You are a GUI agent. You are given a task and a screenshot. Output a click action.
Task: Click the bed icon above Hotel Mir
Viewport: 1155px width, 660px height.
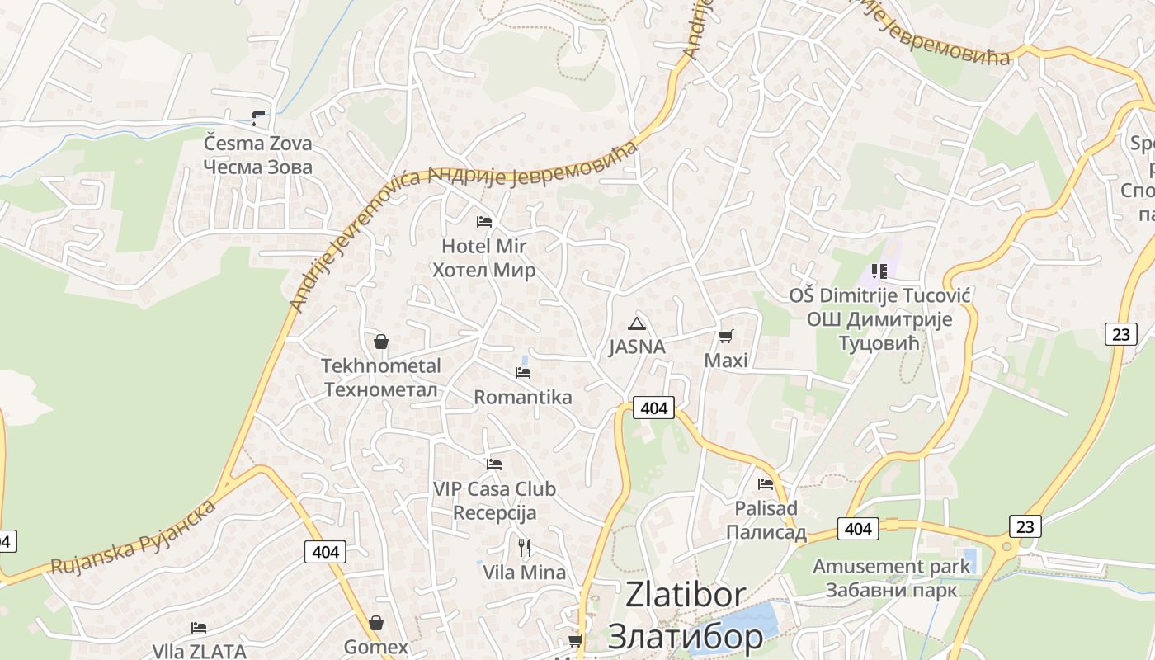click(x=484, y=222)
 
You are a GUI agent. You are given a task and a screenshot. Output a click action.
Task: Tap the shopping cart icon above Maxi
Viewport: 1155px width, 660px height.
click(x=725, y=336)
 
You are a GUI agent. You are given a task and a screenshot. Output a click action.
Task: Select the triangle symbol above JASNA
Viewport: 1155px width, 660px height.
click(x=635, y=323)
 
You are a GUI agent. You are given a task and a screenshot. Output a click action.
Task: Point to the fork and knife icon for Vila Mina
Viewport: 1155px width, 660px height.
click(x=524, y=547)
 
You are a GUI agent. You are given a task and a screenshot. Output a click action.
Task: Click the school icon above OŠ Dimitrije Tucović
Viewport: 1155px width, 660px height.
click(x=879, y=271)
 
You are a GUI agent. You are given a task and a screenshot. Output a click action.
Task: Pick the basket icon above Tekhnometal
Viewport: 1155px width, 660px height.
click(x=381, y=341)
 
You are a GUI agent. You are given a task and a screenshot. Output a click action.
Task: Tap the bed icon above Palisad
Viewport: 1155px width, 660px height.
click(x=766, y=483)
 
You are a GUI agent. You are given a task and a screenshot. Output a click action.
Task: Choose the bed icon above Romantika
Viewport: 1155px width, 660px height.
click(x=523, y=373)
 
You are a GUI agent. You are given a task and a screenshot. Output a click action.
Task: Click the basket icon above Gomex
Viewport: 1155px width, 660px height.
click(x=376, y=623)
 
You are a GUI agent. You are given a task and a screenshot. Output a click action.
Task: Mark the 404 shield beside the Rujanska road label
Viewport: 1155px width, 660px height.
click(x=326, y=551)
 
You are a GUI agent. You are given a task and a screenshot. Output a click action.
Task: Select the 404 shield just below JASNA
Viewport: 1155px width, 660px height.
click(x=653, y=408)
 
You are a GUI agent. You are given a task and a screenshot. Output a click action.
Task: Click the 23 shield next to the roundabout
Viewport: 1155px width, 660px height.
click(x=1024, y=526)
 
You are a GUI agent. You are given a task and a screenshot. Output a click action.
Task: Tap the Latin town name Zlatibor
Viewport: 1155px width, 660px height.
click(x=686, y=595)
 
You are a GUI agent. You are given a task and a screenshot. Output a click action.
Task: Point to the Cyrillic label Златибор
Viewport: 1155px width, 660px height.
click(x=685, y=636)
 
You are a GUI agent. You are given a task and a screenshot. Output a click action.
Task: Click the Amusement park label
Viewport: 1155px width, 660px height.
click(x=891, y=567)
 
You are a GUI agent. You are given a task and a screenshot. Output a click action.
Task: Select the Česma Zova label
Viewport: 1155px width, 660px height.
click(x=258, y=144)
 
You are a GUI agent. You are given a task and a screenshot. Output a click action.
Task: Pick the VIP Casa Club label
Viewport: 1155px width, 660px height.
click(x=495, y=489)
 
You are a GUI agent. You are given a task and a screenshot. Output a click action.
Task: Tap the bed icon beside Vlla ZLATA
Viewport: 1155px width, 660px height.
click(x=199, y=628)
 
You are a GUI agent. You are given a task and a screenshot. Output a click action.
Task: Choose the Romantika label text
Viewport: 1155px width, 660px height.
click(x=523, y=397)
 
